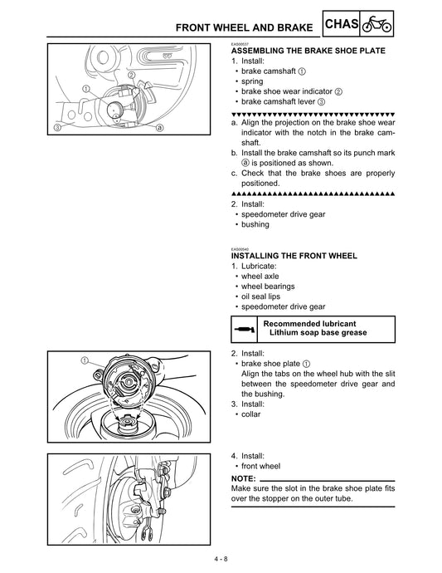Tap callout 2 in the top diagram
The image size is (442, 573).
click(x=132, y=76)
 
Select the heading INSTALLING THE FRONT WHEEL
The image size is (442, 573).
click(x=294, y=256)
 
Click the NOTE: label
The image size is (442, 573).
click(x=245, y=479)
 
